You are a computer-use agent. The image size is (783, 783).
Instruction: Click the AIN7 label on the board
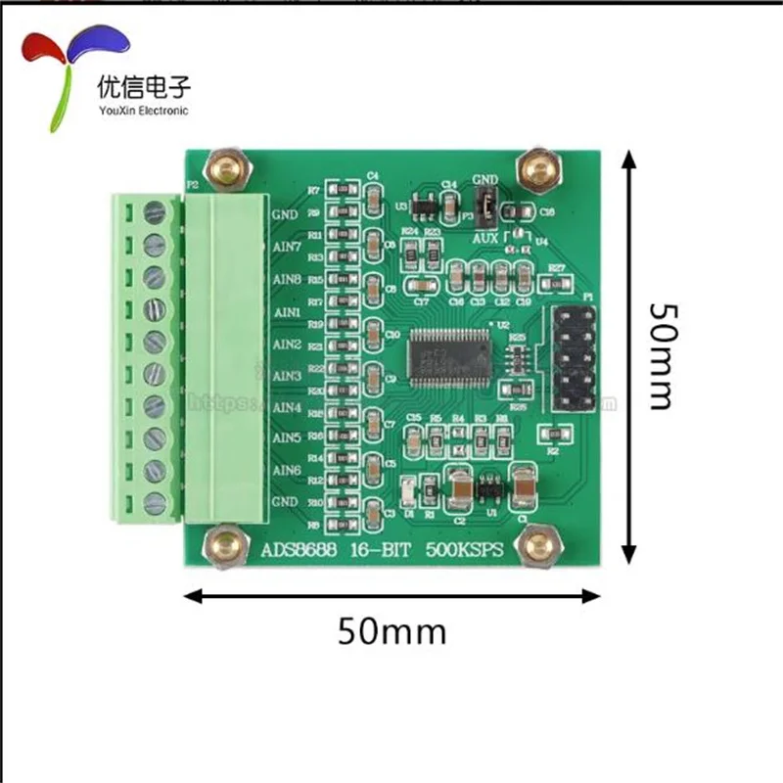coord(286,248)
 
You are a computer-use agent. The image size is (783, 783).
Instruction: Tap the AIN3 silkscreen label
coord(286,376)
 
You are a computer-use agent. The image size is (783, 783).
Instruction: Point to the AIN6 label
coord(286,471)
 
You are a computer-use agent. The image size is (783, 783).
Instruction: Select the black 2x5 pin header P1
coord(576,358)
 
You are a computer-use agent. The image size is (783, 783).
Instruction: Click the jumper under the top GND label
coord(483,207)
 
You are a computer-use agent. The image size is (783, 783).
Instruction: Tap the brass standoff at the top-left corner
coord(228,169)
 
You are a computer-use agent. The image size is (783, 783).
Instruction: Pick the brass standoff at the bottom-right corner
coord(537,546)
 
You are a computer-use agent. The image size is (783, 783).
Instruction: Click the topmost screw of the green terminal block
coord(155,212)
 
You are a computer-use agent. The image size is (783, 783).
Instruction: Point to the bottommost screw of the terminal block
coord(155,503)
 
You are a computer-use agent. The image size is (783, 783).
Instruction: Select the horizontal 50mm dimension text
coord(391,631)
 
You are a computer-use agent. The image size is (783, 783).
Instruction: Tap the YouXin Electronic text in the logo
coord(143,111)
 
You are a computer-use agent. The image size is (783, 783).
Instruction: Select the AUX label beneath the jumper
coord(484,238)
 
